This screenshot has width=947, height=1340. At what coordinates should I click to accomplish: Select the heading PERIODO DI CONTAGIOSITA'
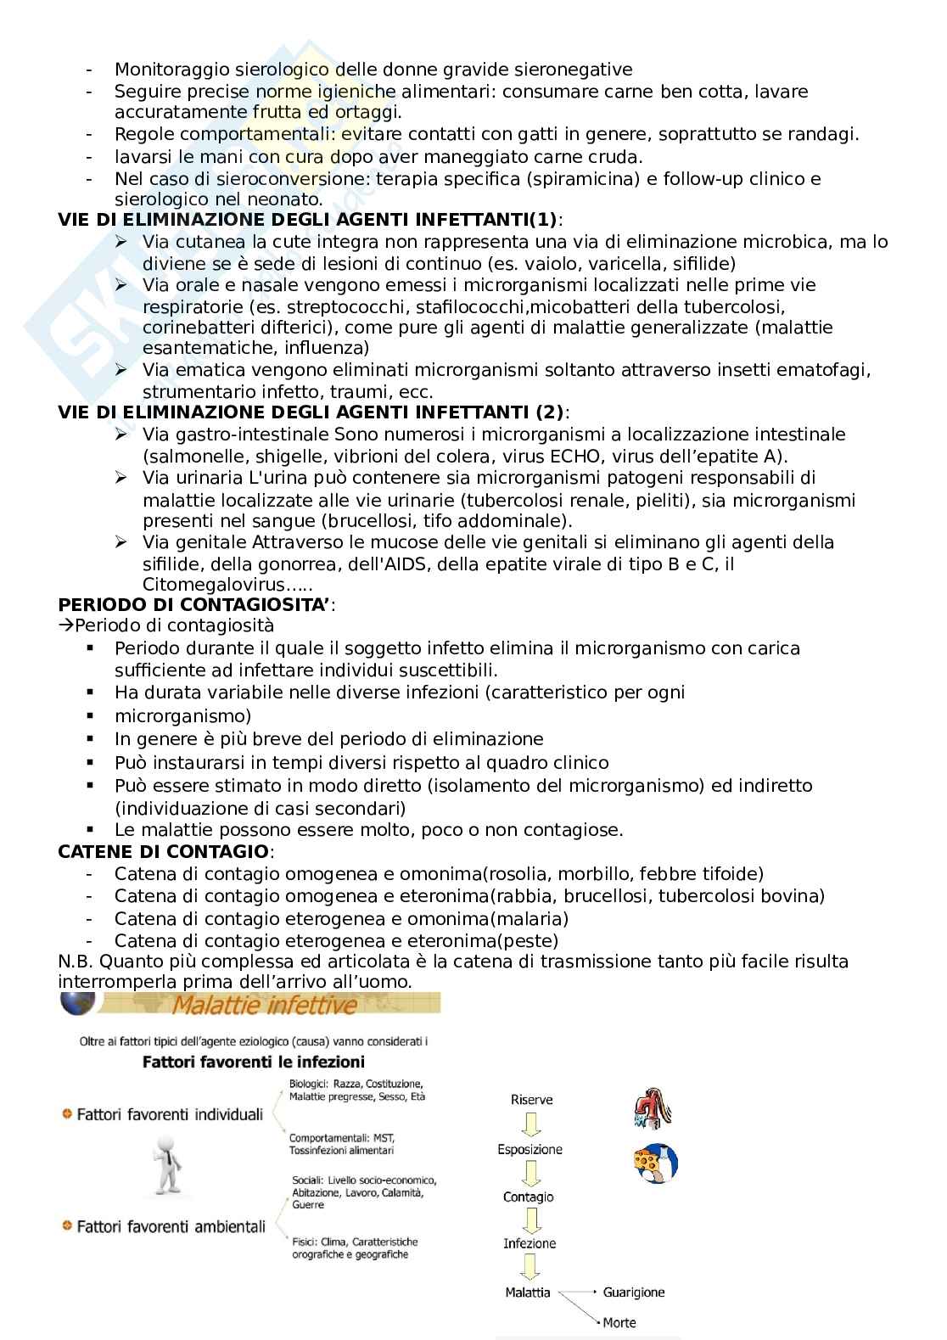(195, 605)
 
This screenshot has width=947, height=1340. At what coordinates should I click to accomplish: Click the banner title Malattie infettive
(265, 1006)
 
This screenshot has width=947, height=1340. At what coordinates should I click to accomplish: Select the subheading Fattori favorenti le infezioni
(253, 1062)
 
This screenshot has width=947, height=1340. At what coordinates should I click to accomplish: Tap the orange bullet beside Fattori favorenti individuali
(65, 1113)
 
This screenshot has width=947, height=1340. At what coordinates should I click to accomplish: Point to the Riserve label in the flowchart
(531, 1100)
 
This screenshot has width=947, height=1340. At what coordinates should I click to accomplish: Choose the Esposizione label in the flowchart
(530, 1150)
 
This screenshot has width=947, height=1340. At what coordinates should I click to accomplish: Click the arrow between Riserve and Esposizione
(530, 1124)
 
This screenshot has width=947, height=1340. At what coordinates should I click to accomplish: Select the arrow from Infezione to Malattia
(530, 1268)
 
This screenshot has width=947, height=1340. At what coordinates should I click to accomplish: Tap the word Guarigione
(633, 1292)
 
